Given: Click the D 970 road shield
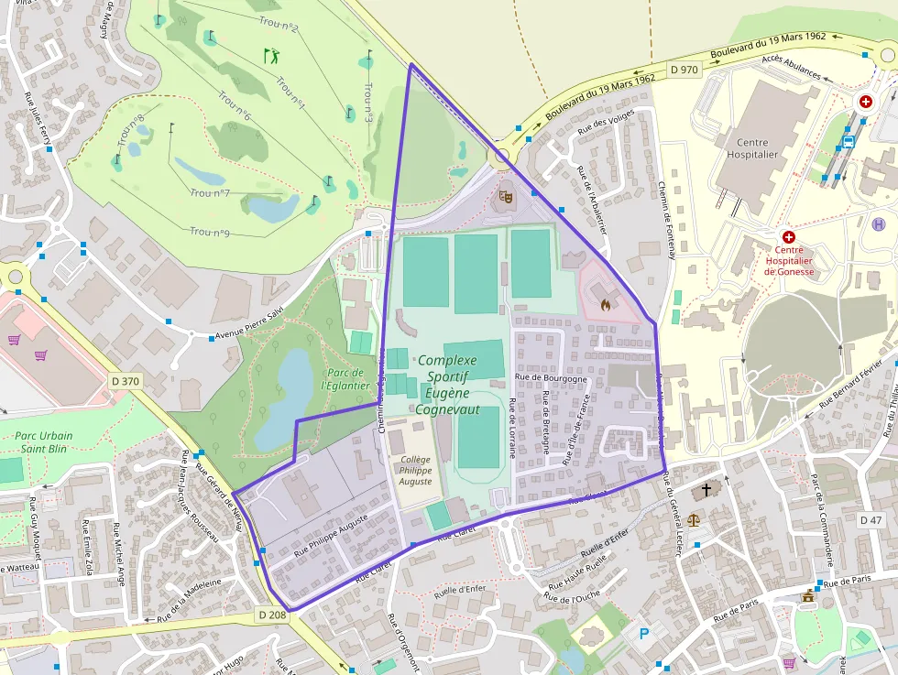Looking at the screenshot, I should click(x=684, y=69).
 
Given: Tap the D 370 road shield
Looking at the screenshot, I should click(x=126, y=380).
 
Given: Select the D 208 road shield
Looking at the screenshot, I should click(x=272, y=615).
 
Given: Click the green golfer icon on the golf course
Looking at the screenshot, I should click(x=271, y=56).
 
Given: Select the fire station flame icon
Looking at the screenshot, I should click(x=605, y=302).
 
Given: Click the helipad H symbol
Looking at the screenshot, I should click(x=880, y=223).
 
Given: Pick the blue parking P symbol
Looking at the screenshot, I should click(x=643, y=633).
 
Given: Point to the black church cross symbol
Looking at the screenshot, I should click(x=706, y=490).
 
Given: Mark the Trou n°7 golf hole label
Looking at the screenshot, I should click(x=210, y=192).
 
